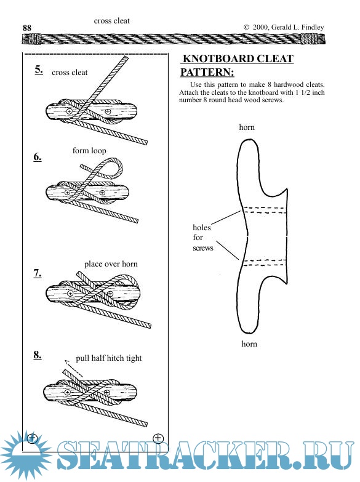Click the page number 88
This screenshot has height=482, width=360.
27,28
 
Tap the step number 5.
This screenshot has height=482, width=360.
39,70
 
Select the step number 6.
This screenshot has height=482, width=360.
38,157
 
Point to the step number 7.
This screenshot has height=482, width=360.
38,273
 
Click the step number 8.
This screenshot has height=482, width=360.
38,355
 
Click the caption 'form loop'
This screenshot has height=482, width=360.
89,151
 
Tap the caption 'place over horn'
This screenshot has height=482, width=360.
111,263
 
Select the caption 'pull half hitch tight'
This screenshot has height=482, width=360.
109,358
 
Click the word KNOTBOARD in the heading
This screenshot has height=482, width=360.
218,58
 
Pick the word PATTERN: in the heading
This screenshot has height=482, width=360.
207,72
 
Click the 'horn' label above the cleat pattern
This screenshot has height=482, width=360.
247,127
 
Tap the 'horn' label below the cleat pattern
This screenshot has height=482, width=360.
249,343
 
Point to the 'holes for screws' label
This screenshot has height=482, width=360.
202,238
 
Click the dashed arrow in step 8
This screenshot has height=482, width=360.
74,368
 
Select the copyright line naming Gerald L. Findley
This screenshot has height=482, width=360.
284,27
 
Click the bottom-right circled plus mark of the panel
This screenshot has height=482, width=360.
158,438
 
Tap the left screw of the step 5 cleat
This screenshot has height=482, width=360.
70,111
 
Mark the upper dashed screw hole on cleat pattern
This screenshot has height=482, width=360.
265,211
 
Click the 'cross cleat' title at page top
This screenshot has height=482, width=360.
112,21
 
